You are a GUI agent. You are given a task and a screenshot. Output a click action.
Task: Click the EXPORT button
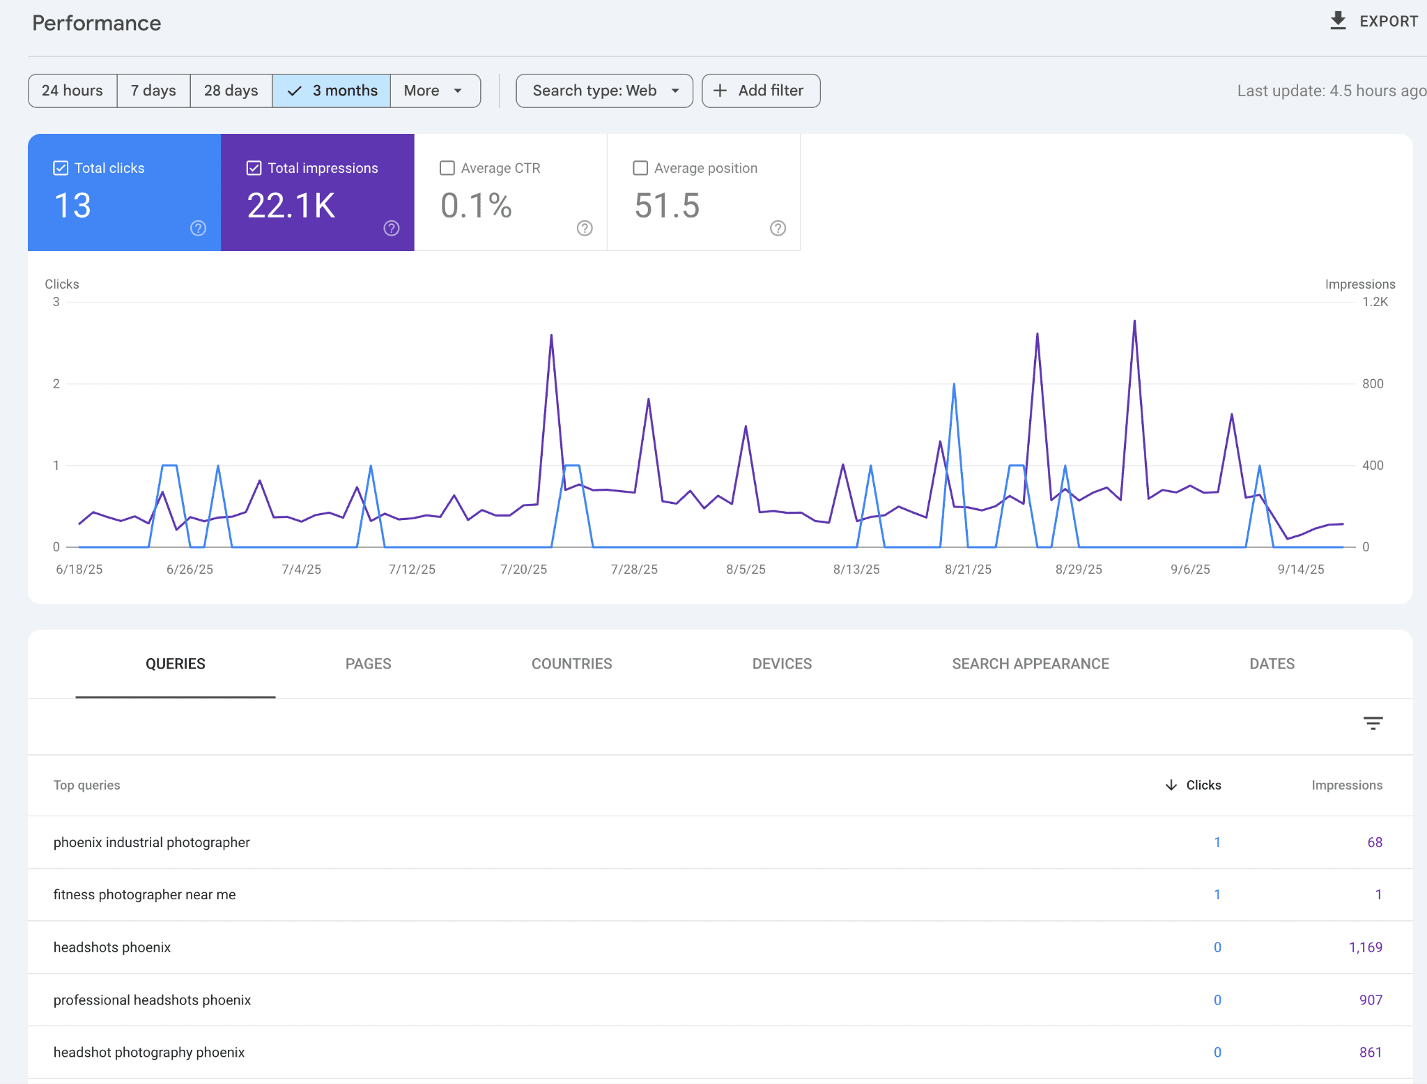[1373, 22]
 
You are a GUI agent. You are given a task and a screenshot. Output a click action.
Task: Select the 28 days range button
[231, 91]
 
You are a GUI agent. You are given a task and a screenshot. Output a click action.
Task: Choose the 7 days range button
[153, 91]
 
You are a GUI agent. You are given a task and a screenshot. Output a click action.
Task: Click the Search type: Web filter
[604, 91]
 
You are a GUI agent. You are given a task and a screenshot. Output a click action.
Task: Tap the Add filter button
[760, 91]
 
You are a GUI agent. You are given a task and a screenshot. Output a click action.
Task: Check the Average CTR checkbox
[447, 168]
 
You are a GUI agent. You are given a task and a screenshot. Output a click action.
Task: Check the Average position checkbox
[640, 168]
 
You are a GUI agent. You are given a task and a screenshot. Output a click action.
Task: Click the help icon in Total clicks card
[199, 228]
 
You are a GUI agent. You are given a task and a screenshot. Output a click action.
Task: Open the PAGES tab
[368, 664]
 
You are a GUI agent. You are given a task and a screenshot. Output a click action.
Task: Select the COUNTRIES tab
[571, 664]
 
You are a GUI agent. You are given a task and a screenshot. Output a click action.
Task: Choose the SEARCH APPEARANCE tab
[1030, 664]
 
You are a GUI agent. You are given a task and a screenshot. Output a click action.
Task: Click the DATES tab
[1272, 664]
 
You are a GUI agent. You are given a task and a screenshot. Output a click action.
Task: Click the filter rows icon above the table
[1373, 723]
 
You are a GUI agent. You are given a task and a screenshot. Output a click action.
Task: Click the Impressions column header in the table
[1346, 785]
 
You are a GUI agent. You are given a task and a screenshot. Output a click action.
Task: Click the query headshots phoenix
[112, 947]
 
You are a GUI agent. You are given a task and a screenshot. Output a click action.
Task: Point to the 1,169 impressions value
[1365, 947]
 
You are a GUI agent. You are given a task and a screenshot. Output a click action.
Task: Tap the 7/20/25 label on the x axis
[523, 570]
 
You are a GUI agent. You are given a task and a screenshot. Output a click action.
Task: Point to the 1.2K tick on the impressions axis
[1375, 302]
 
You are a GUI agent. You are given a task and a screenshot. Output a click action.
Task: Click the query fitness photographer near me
[145, 894]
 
